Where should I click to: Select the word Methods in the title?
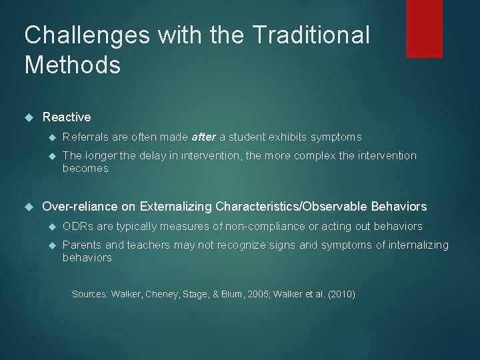[72, 65]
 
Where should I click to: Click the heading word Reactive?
[67, 117]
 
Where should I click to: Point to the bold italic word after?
[203, 137]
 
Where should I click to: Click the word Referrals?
[85, 137]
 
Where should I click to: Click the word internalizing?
[418, 245]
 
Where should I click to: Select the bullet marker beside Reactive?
[28, 118]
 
